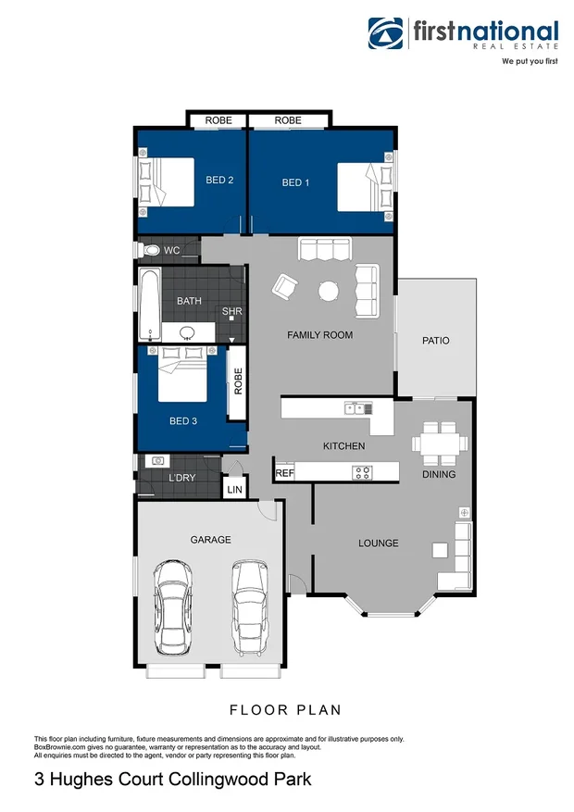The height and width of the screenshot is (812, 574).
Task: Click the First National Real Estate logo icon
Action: [387, 33]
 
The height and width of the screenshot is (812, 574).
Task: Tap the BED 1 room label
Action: [295, 183]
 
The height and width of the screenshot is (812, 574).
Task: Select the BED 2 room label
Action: [218, 180]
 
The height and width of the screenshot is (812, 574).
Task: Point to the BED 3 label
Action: [183, 420]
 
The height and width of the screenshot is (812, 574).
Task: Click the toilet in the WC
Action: [150, 250]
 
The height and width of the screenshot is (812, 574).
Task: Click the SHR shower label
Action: [231, 312]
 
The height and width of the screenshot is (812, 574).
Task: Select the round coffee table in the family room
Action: [329, 291]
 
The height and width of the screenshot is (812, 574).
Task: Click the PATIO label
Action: [435, 341]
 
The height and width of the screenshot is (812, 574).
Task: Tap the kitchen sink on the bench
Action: [356, 408]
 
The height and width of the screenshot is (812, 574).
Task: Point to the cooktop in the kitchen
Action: [362, 472]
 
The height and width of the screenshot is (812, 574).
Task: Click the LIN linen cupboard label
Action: [234, 488]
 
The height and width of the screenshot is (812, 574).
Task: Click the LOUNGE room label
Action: [379, 543]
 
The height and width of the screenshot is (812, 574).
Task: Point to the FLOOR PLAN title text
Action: [285, 710]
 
